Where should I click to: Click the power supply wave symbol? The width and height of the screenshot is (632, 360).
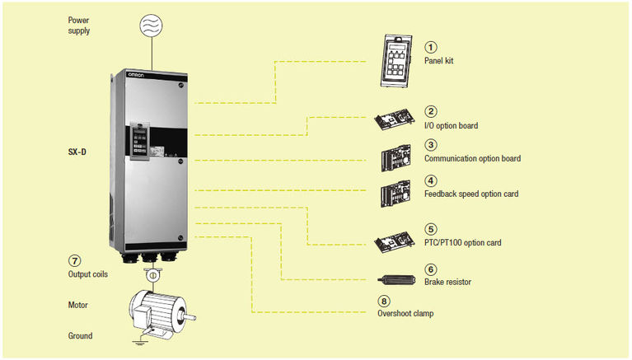pyautogui.click(x=152, y=25)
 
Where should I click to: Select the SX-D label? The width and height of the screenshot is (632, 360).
pyautogui.click(x=79, y=152)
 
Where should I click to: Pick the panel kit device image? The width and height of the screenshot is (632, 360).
pyautogui.click(x=400, y=58)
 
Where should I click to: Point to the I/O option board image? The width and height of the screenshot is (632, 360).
pyautogui.click(x=396, y=121)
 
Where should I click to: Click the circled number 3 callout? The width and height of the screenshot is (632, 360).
pyautogui.click(x=430, y=144)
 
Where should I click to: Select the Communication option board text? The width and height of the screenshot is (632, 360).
pyautogui.click(x=472, y=158)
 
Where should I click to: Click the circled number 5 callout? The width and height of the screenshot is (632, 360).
pyautogui.click(x=430, y=229)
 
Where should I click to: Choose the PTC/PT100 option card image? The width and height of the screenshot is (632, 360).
pyautogui.click(x=396, y=240)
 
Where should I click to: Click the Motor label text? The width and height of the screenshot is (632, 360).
pyautogui.click(x=78, y=305)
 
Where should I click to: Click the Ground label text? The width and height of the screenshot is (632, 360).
pyautogui.click(x=80, y=335)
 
